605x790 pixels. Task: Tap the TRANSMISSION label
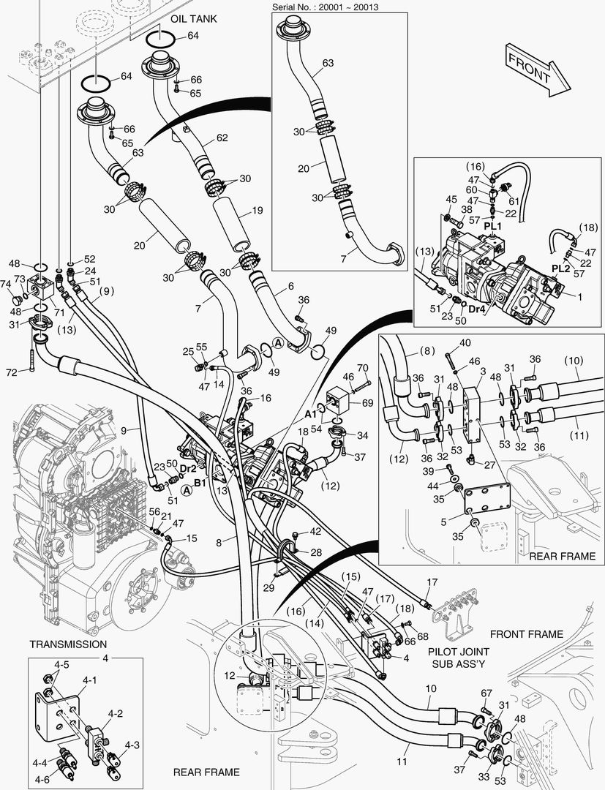[68, 644]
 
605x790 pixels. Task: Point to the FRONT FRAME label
[527, 634]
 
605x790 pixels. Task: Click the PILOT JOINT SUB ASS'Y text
[459, 656]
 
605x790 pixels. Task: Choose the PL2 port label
[560, 269]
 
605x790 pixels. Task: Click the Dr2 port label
[188, 467]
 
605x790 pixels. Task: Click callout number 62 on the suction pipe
[222, 138]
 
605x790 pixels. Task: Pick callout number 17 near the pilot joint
[432, 582]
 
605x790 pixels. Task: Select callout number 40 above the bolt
[465, 343]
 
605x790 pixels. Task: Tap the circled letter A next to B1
[187, 489]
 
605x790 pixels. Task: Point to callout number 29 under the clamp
[268, 587]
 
